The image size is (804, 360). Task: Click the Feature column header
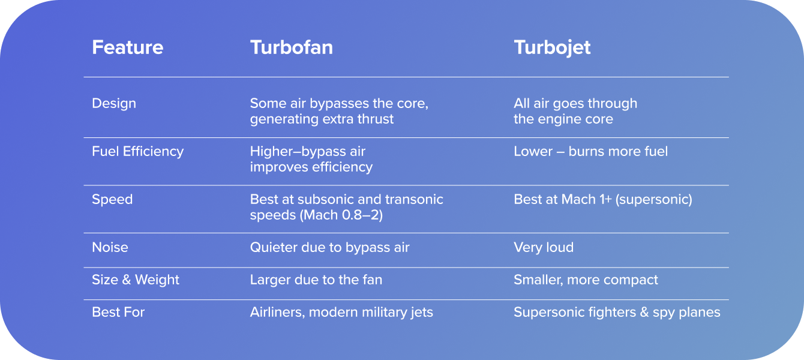pos(127,47)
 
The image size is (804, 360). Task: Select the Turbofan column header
pos(291,47)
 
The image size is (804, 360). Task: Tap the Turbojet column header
pos(552,47)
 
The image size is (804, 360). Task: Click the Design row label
pos(114,103)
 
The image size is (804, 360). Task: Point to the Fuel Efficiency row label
pos(137,151)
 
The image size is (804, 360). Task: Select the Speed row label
pos(112,199)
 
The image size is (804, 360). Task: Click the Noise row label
pos(110,247)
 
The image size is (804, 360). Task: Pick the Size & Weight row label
pos(136,280)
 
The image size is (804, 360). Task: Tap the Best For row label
pos(118,312)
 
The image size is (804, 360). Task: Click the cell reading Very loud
pos(544,247)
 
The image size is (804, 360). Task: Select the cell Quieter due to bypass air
pos(329,247)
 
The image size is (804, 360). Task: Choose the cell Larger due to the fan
pos(316,280)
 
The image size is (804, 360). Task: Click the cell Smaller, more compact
pos(586,280)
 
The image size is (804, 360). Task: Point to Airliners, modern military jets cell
pos(341,312)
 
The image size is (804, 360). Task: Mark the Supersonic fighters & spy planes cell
pos(617,312)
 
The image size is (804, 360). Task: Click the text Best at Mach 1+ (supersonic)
pos(602,199)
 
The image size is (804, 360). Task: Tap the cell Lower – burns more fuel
pos(590,151)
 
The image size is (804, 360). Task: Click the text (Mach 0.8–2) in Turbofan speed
pos(341,215)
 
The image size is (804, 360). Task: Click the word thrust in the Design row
pos(377,119)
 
